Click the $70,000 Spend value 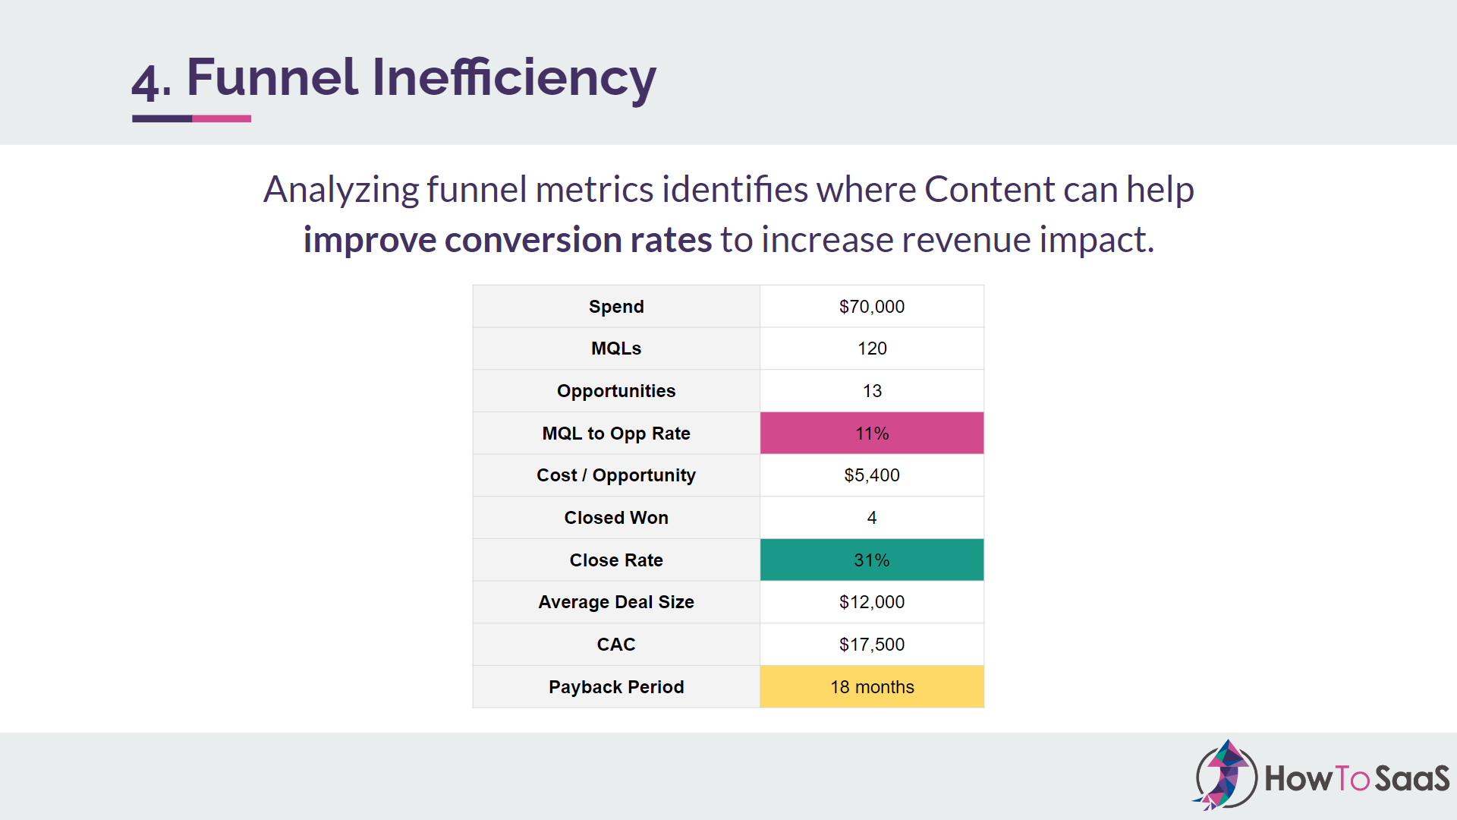click(871, 307)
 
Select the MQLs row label click(615, 348)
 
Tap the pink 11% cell click(871, 434)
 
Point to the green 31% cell click(871, 560)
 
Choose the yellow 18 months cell click(871, 687)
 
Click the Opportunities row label click(615, 391)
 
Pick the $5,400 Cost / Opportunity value click(871, 475)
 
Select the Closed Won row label click(615, 518)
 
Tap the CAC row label click(615, 645)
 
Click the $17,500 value click(871, 645)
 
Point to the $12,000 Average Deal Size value click(871, 602)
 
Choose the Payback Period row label click(615, 687)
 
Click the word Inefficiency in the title click(514, 77)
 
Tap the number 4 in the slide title click(145, 80)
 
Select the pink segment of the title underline click(222, 118)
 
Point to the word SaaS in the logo click(1411, 779)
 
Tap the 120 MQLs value click(871, 348)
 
